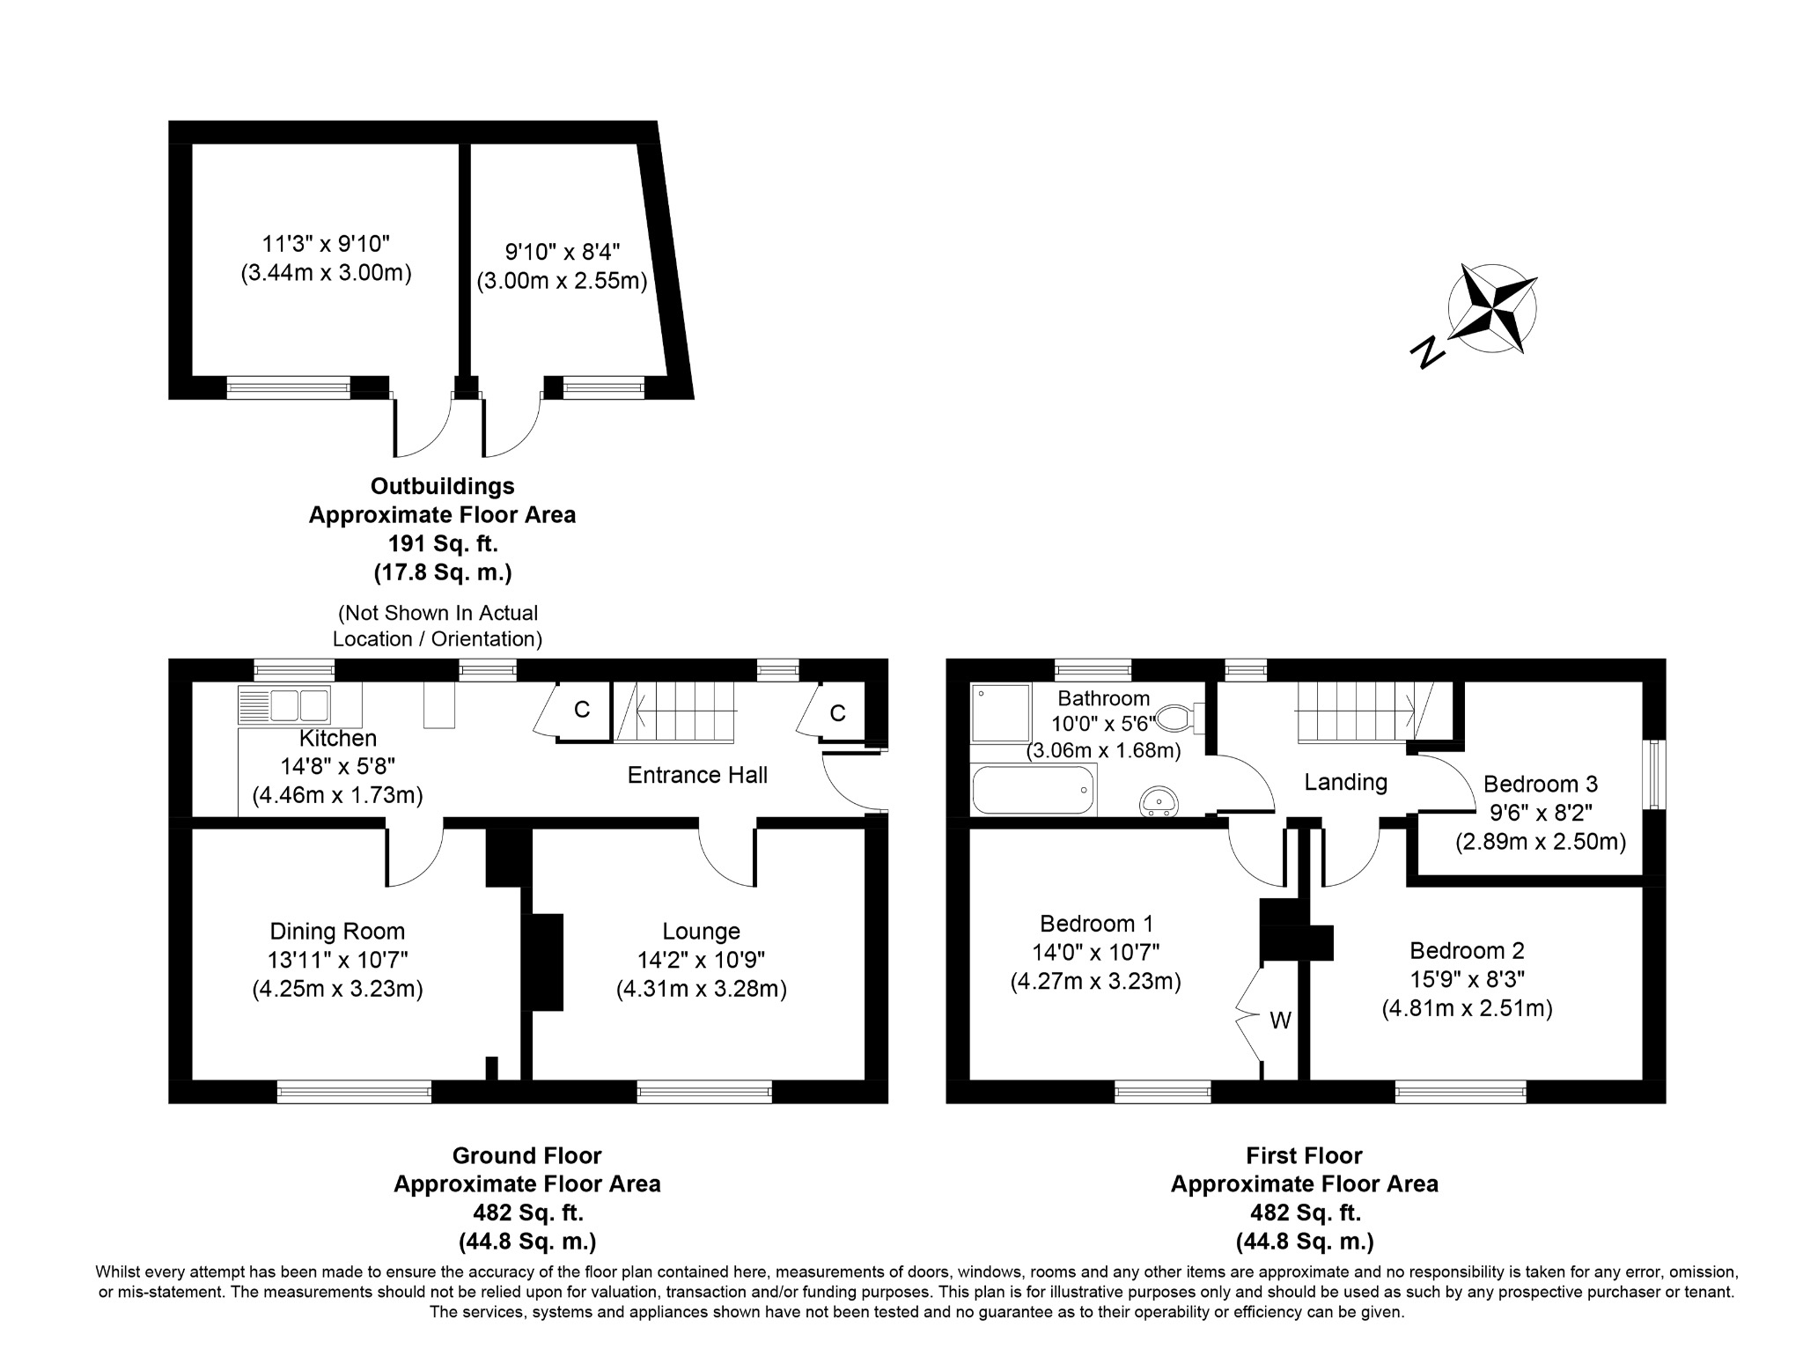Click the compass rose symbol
(1492, 308)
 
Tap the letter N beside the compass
(1427, 352)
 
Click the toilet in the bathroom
(1176, 718)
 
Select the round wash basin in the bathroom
(1159, 800)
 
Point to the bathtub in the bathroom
(1033, 789)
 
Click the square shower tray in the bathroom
(1000, 712)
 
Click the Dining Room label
(337, 931)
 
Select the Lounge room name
(701, 931)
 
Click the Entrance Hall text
(697, 775)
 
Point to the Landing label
(1345, 782)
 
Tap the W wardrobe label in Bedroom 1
(1280, 1021)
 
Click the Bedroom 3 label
(1540, 784)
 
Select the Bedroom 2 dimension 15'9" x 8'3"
(1467, 979)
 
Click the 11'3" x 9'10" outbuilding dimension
(326, 243)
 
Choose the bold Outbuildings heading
(442, 486)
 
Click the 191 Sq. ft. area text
(442, 543)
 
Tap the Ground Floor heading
(526, 1155)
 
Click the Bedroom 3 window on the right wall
(1654, 774)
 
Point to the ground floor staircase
(676, 710)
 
